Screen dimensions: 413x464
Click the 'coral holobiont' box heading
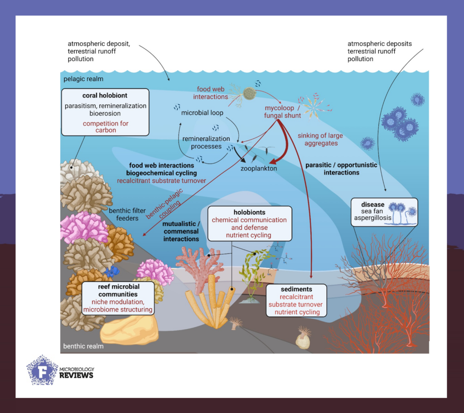(x=105, y=96)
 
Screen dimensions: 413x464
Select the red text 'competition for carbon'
(x=105, y=126)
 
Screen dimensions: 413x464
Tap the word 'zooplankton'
(x=259, y=168)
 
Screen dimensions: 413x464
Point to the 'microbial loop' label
(x=205, y=112)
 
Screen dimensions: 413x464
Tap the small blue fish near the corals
(x=111, y=271)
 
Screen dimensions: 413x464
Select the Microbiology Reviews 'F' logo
(x=42, y=370)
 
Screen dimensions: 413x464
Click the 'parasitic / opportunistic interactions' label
(x=341, y=169)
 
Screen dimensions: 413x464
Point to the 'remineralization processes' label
(x=206, y=142)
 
